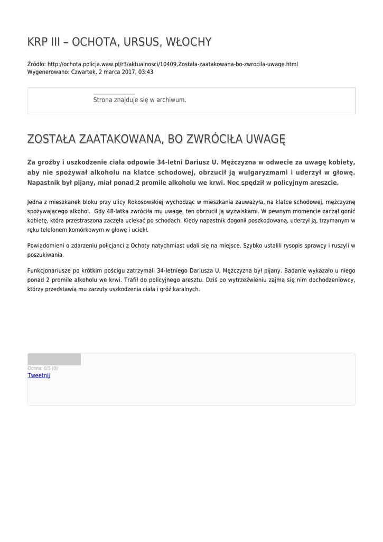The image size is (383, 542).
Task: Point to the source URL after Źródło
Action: (172, 64)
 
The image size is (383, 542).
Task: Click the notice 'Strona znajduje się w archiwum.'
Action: (139, 100)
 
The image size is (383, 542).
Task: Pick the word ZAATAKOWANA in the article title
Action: (119, 139)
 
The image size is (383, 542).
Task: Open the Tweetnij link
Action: (39, 375)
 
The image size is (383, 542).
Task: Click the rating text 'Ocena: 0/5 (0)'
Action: (43, 368)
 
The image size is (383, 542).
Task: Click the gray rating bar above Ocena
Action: (54, 359)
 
